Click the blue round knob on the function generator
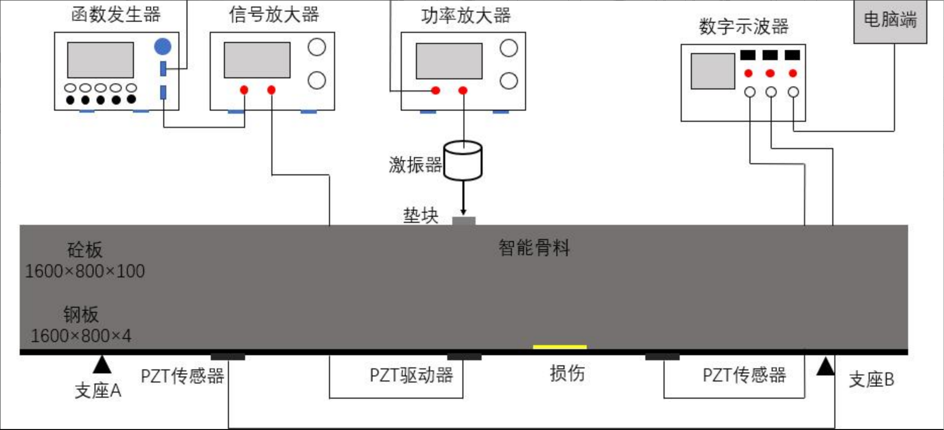pyautogui.click(x=162, y=46)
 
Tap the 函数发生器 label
pyautogui.click(x=116, y=14)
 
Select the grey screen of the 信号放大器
pyautogui.click(x=257, y=60)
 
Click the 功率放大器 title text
pyautogui.click(x=465, y=16)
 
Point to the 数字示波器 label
pyautogui.click(x=743, y=26)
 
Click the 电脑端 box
pyautogui.click(x=890, y=21)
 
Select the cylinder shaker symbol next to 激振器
pyautogui.click(x=462, y=161)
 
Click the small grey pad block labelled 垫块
pyautogui.click(x=463, y=221)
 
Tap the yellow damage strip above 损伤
pyautogui.click(x=559, y=347)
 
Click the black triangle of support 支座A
pyautogui.click(x=102, y=365)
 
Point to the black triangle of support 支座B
pyautogui.click(x=825, y=367)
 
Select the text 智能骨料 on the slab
pyautogui.click(x=534, y=248)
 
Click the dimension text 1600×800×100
pyautogui.click(x=85, y=271)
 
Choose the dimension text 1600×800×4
pyautogui.click(x=81, y=336)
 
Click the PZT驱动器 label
pyautogui.click(x=411, y=375)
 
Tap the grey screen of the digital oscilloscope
pyautogui.click(x=713, y=71)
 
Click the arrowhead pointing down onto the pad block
pyautogui.click(x=463, y=212)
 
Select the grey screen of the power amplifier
pyautogui.click(x=449, y=61)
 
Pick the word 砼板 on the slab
pyautogui.click(x=85, y=250)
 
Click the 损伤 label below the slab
pyautogui.click(x=567, y=373)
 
